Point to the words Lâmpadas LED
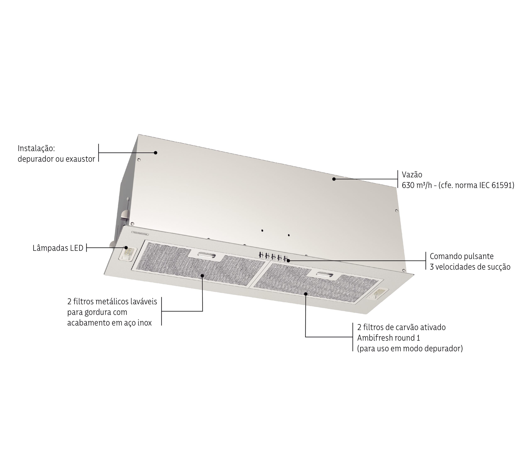[x=58, y=248]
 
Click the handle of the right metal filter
[x=325, y=274]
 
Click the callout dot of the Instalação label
[x=156, y=153]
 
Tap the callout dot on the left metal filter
[x=202, y=276]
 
